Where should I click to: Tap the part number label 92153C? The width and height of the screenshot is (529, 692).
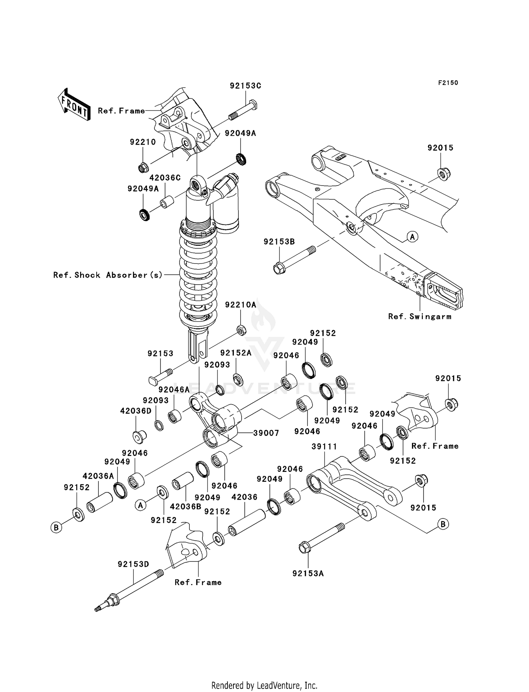click(x=245, y=86)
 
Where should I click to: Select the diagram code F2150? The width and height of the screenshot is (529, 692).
click(x=448, y=83)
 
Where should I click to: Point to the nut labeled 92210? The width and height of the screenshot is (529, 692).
click(x=143, y=168)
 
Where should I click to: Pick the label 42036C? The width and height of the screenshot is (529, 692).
click(x=165, y=178)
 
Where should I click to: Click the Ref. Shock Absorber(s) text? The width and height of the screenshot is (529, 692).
click(x=108, y=275)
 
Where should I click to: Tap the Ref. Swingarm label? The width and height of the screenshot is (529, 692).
click(x=420, y=316)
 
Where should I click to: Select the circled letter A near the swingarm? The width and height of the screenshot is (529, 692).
click(x=412, y=237)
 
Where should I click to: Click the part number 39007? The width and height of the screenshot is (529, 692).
click(x=266, y=433)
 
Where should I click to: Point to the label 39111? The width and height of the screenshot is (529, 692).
click(x=324, y=447)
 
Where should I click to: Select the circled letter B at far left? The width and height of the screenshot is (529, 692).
click(x=56, y=528)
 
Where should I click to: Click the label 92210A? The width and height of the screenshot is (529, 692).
click(x=241, y=304)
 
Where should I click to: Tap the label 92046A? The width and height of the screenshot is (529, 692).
click(x=174, y=389)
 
